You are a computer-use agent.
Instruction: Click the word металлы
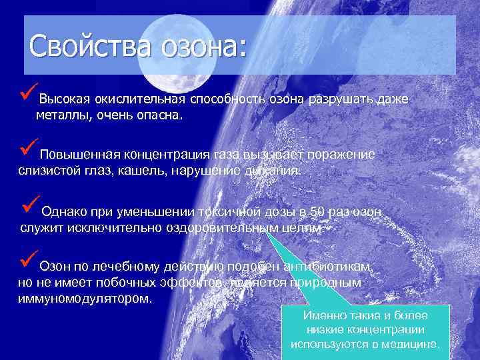(61, 116)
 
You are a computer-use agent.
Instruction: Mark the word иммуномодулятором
(84, 298)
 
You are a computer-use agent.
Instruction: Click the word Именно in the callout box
(323, 315)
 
